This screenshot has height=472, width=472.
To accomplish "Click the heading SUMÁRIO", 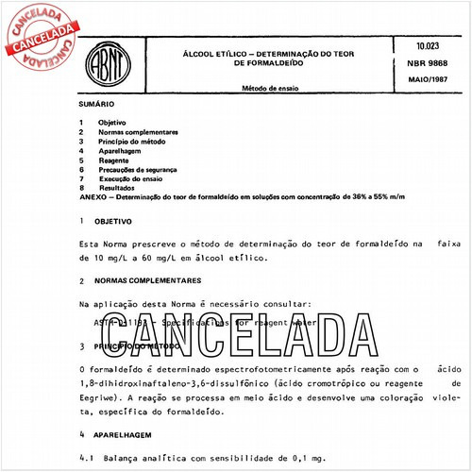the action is [x=98, y=109].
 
